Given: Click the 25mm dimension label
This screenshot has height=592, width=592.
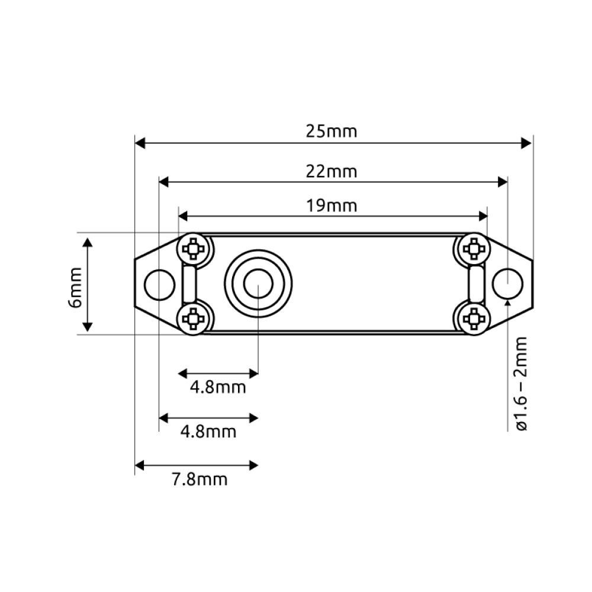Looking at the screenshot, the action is coord(331,131).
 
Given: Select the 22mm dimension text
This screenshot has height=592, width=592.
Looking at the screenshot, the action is coord(331,172).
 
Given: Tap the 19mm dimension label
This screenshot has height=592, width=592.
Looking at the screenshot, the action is coord(331,206).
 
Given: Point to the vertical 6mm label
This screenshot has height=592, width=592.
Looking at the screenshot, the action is coord(75,287).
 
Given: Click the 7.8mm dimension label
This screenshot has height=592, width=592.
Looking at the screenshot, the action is coord(200,480).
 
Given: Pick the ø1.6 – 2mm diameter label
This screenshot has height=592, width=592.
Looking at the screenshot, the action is coord(521,384).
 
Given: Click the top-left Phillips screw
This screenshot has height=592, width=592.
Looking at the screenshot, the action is coord(193,249).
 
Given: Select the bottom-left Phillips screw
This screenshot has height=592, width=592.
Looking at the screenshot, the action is coord(193,319).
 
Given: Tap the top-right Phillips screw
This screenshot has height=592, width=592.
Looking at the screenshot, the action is coord(474,249).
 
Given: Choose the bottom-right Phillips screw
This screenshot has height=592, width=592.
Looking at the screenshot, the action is coord(474,319).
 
